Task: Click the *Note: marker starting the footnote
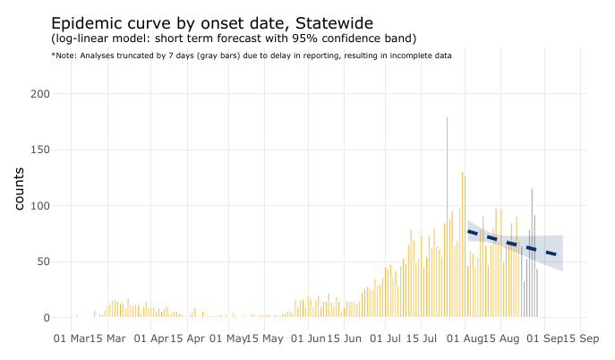pyautogui.click(x=64, y=56)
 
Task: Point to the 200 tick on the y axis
pyautogui.click(x=38, y=94)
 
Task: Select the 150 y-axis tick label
pyautogui.click(x=38, y=150)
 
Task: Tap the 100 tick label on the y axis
pyautogui.click(x=38, y=206)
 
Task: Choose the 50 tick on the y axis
pyautogui.click(x=41, y=261)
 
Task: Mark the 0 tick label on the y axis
pyautogui.click(x=45, y=318)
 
